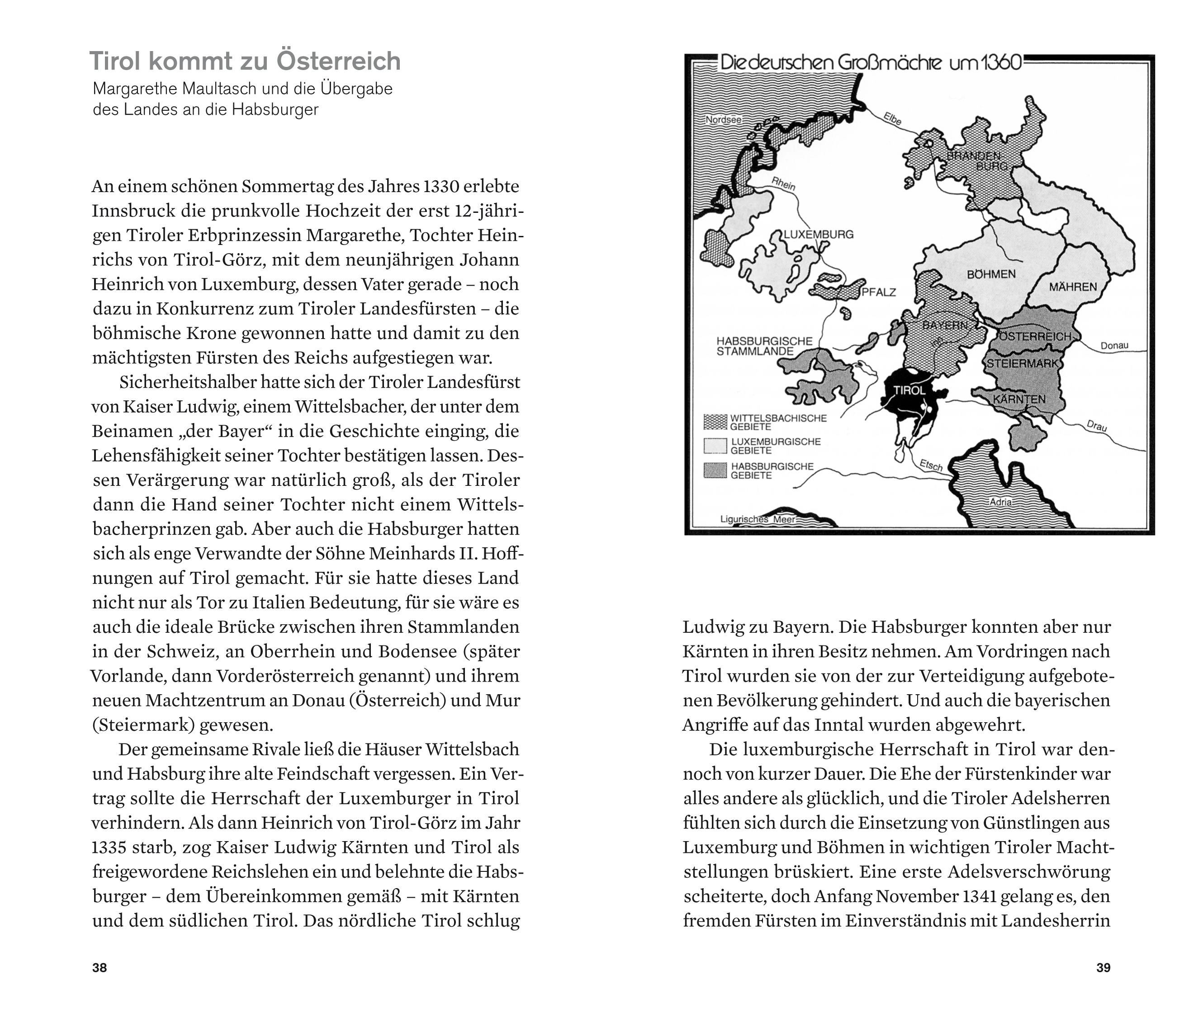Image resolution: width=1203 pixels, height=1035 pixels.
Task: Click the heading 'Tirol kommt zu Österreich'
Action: [244, 61]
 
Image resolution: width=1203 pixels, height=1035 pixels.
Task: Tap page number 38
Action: [99, 967]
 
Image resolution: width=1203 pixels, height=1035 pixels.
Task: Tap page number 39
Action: [1103, 967]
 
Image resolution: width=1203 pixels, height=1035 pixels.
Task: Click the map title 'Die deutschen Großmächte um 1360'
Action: [870, 63]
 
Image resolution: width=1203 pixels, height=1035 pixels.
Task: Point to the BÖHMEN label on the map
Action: [991, 274]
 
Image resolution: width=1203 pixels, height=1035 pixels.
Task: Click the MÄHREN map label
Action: [1073, 287]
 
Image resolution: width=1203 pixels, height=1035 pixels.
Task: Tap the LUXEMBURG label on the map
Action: [819, 235]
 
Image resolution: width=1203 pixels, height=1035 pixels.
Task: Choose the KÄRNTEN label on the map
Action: [1019, 399]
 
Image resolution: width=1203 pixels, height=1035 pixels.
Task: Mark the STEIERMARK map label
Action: [1023, 364]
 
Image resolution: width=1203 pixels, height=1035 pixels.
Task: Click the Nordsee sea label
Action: [724, 120]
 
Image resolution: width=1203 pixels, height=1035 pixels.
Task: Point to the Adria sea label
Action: [1000, 502]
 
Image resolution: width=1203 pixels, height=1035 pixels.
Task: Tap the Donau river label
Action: [1114, 346]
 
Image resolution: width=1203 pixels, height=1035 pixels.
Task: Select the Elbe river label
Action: [892, 118]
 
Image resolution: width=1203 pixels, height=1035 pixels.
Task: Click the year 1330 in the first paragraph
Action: [442, 187]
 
